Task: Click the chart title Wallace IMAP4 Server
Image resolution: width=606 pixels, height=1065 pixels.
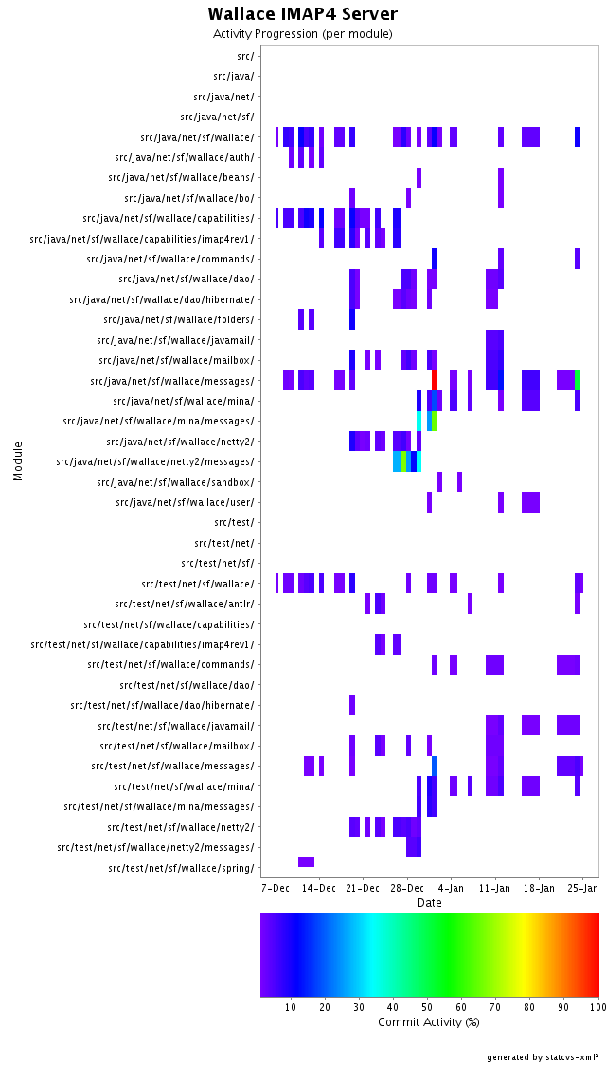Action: click(x=303, y=14)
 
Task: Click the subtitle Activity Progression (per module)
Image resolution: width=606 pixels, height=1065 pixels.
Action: click(x=303, y=34)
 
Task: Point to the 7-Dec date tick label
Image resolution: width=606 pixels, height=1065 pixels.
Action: click(x=276, y=888)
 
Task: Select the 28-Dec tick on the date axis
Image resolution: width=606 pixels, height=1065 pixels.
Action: click(x=406, y=888)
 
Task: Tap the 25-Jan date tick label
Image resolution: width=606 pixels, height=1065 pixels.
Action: click(x=582, y=888)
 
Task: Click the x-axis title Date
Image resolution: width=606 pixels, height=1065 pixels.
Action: click(x=429, y=903)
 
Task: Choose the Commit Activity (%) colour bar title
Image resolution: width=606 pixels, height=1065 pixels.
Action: click(x=429, y=1021)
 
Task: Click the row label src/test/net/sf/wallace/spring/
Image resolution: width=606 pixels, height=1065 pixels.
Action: click(x=181, y=868)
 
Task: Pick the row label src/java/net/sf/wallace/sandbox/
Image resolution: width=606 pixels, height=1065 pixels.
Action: click(x=175, y=482)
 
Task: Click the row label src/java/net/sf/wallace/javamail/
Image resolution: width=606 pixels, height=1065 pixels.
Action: click(x=175, y=340)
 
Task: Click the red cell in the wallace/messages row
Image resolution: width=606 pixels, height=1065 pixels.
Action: click(x=434, y=380)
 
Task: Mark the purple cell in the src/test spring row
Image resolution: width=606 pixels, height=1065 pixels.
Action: click(x=306, y=861)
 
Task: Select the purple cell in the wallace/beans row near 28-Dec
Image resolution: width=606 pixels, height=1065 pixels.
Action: click(x=419, y=177)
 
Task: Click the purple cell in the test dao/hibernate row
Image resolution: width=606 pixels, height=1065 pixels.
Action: click(x=352, y=705)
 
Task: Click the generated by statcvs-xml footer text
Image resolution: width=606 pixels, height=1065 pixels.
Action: click(x=543, y=1056)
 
